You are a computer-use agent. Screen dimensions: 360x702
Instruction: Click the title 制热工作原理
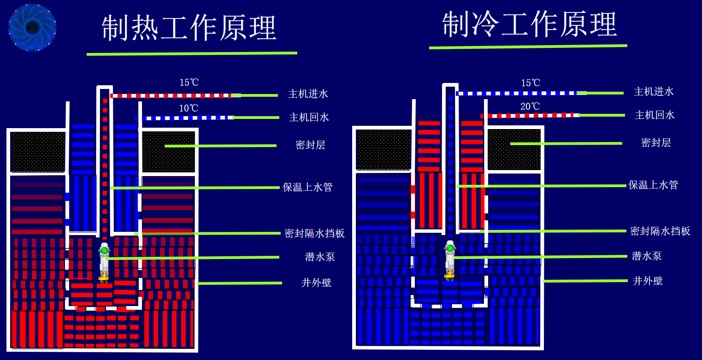pyautogui.click(x=189, y=28)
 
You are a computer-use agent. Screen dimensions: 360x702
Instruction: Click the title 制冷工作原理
pyautogui.click(x=529, y=25)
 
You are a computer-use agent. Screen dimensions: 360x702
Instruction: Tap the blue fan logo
pyautogui.click(x=32, y=27)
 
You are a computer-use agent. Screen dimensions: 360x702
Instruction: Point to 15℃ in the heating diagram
pyautogui.click(x=189, y=83)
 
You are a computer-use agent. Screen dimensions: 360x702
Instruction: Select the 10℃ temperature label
pyautogui.click(x=189, y=108)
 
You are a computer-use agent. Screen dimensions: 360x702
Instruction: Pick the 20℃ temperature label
pyautogui.click(x=530, y=106)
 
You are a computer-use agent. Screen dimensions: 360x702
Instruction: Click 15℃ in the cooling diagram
pyautogui.click(x=531, y=83)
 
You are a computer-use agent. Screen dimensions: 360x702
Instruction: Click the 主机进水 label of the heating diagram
pyautogui.click(x=308, y=94)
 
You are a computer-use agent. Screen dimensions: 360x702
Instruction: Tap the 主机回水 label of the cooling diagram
pyautogui.click(x=655, y=115)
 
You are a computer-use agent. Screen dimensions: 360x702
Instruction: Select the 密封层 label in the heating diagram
pyautogui.click(x=310, y=145)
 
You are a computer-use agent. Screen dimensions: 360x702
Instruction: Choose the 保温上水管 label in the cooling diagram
pyautogui.click(x=653, y=185)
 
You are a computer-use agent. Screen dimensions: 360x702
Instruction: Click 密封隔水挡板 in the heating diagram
pyautogui.click(x=315, y=233)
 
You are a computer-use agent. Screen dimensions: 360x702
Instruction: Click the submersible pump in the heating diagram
pyautogui.click(x=104, y=261)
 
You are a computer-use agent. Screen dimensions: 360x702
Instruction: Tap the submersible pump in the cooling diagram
pyautogui.click(x=450, y=260)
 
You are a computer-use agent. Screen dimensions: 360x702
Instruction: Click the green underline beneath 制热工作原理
pyautogui.click(x=192, y=53)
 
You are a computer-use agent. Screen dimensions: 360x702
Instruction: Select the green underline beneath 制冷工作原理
pyautogui.click(x=528, y=47)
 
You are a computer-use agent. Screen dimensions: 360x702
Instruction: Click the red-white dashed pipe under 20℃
pyautogui.click(x=530, y=115)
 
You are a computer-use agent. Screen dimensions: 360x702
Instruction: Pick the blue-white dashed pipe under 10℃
pyautogui.click(x=184, y=118)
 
